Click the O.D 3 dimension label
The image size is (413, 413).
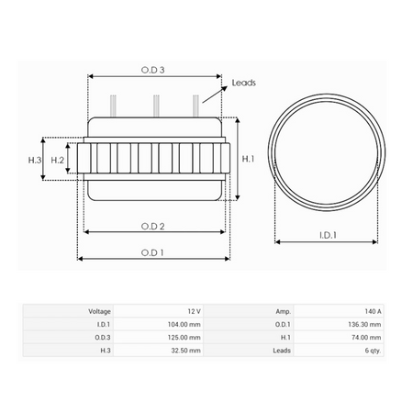pos(152,70)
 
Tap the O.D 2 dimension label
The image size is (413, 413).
pos(152,227)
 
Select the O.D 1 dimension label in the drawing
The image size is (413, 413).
pos(152,252)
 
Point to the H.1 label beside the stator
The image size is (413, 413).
pos(248,159)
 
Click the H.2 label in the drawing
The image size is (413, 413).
pos(58,160)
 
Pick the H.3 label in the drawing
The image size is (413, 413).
pos(35,160)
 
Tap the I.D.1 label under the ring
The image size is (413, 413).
pos(328,235)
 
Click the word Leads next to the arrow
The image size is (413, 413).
pos(243,83)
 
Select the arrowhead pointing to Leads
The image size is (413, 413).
pos(224,88)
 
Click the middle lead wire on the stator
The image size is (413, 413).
pos(156,106)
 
